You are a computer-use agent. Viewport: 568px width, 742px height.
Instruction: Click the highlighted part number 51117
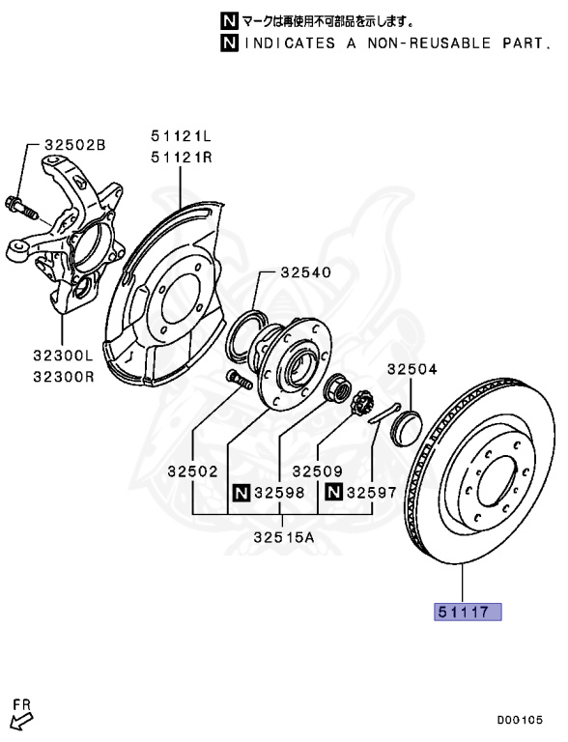(x=468, y=612)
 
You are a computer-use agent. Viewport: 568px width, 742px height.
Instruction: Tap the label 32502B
(x=75, y=144)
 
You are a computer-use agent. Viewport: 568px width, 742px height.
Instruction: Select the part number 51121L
(x=182, y=136)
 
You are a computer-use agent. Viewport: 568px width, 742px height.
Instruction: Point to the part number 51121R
(x=182, y=157)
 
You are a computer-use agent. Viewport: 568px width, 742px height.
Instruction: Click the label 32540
(x=306, y=272)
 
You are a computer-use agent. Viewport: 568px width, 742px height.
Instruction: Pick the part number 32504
(x=412, y=369)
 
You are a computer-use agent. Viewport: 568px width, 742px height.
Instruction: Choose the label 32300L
(x=64, y=355)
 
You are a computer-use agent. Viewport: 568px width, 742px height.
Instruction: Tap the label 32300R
(x=64, y=377)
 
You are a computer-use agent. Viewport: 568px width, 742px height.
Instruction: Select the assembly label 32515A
(x=284, y=537)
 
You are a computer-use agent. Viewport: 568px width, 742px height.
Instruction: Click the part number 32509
(x=317, y=471)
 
